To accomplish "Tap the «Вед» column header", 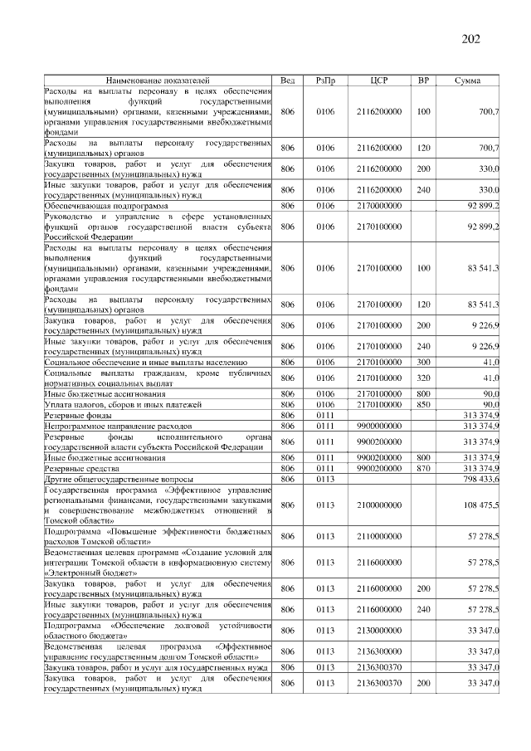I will (288, 80).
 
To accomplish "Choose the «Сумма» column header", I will (470, 80).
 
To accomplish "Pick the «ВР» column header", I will (423, 80).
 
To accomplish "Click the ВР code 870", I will (423, 469).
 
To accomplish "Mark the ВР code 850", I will (423, 404).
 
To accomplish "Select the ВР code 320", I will (423, 378).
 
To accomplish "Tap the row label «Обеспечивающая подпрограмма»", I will (106, 204).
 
